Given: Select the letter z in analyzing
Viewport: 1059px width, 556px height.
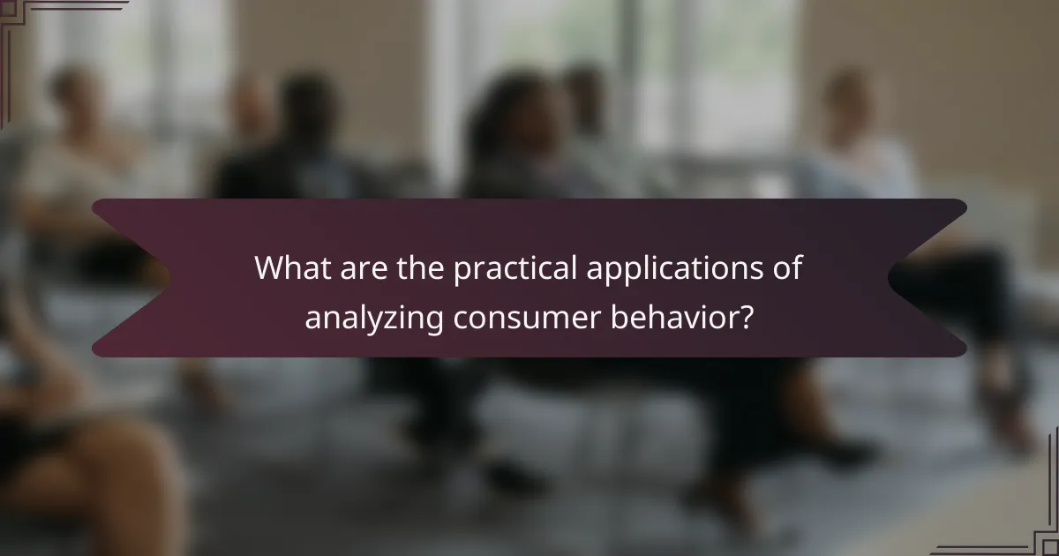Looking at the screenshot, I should pos(394,319).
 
